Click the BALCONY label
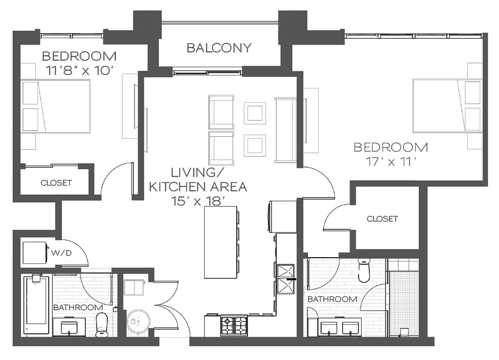click(219, 48)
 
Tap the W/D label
click(61, 253)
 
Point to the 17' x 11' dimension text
click(391, 162)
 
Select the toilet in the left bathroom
click(102, 324)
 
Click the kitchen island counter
click(220, 242)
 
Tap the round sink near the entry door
click(137, 322)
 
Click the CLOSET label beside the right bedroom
click(382, 219)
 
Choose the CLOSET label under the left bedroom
click(56, 183)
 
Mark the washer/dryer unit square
click(35, 253)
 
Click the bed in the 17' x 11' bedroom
click(447, 106)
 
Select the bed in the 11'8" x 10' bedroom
click(56, 106)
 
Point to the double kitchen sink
click(286, 280)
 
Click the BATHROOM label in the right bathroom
click(332, 299)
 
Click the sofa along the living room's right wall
click(286, 131)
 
